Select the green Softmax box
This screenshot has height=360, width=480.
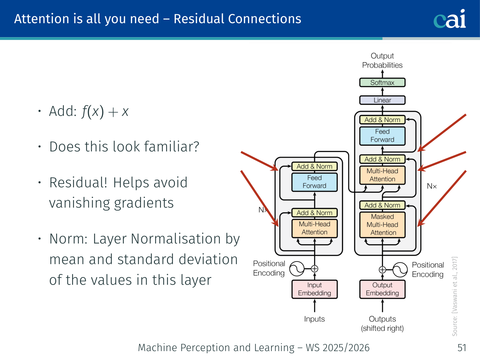click(x=382, y=83)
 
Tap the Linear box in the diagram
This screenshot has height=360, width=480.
click(x=382, y=100)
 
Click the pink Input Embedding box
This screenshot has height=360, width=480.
click(x=315, y=289)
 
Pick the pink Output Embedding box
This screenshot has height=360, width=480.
click(x=382, y=289)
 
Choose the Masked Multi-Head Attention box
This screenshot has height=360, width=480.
click(x=382, y=225)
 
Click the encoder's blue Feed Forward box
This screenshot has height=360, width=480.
click(x=315, y=182)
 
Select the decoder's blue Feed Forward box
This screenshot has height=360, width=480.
click(x=382, y=136)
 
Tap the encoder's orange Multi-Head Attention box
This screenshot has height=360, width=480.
click(x=315, y=228)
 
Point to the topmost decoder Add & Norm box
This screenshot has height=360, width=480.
click(x=382, y=120)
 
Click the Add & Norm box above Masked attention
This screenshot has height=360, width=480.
click(x=382, y=205)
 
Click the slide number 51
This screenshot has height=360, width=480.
click(x=462, y=348)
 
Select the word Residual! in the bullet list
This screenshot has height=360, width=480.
click(x=78, y=183)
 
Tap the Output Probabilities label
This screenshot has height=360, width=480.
click(x=382, y=61)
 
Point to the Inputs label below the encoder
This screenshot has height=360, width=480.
click(x=315, y=319)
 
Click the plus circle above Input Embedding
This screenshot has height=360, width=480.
click(x=315, y=269)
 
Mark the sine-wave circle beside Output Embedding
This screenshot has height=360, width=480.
click(x=400, y=270)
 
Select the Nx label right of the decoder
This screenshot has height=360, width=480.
click(x=432, y=186)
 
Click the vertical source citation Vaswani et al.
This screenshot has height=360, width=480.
click(x=455, y=297)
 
